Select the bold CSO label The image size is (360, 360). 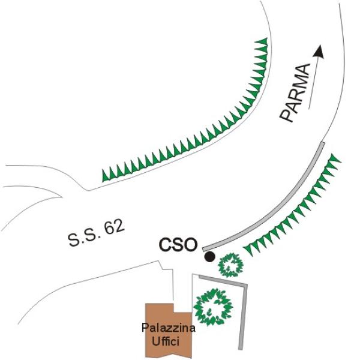tap(178, 245)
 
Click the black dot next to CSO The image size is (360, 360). tap(209, 257)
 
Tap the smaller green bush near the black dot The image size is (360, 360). tap(229, 264)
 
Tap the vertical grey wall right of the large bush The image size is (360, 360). tap(242, 315)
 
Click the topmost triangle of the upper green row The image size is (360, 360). tap(262, 43)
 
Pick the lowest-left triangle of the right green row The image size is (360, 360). tap(247, 247)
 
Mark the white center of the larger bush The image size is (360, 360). tap(211, 307)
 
